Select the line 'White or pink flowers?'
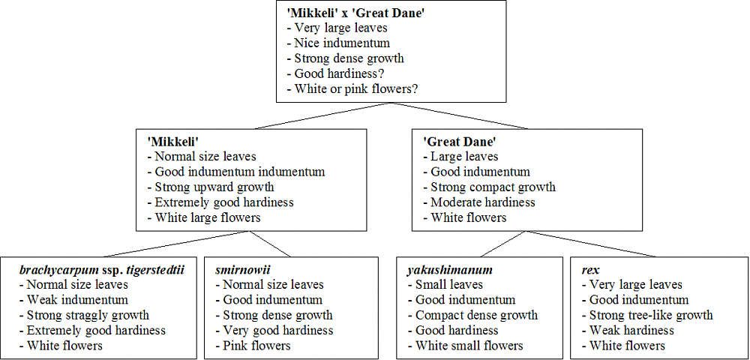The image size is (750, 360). [x=352, y=89]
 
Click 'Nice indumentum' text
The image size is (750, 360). [x=338, y=43]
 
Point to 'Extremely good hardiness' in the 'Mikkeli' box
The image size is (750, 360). [x=220, y=202]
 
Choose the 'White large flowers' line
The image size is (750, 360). [x=204, y=218]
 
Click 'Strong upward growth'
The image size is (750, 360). [x=211, y=187]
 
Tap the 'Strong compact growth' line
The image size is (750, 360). [x=489, y=187]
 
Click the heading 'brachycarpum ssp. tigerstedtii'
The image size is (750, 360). [x=102, y=271]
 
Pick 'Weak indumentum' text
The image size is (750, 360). [x=73, y=300]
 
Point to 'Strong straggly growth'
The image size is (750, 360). [x=84, y=316]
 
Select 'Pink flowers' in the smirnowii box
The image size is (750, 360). [x=253, y=345]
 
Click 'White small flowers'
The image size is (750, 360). [x=466, y=345]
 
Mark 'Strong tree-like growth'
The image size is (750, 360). [x=647, y=316]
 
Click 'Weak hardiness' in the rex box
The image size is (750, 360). [x=628, y=330]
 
